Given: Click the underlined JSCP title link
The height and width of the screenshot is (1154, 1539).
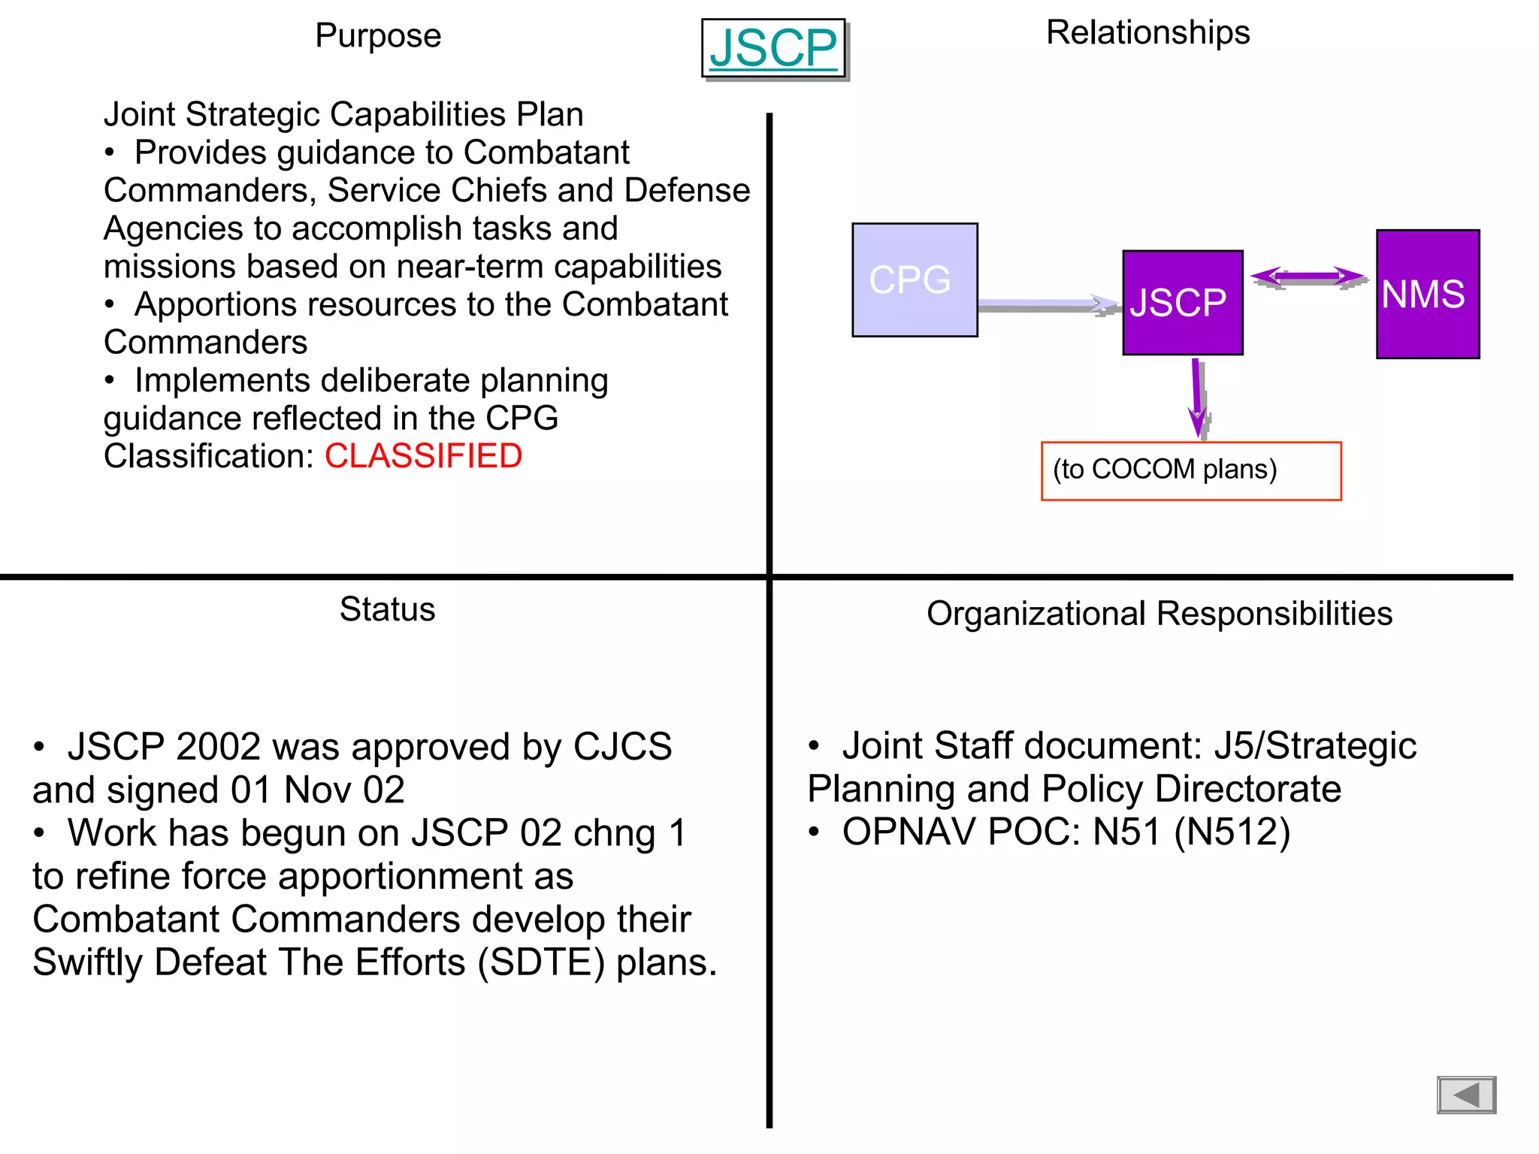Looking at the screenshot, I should pos(773,49).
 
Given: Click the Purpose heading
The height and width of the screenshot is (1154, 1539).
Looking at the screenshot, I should pos(378,36).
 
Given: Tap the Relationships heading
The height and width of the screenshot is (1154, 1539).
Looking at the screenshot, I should pos(1147,33).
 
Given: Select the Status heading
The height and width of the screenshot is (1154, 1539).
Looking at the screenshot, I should pos(387,609).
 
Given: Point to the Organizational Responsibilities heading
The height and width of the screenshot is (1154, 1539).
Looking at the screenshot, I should pos(1159,614).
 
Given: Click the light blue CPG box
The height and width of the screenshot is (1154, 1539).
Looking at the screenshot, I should pos(915,279).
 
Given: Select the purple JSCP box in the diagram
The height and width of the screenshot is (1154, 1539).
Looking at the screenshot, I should pos(1182,302).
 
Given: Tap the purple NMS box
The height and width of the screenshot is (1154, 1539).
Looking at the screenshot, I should pos(1427,294).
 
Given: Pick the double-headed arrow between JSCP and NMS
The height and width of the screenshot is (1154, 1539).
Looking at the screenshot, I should pos(1308,277).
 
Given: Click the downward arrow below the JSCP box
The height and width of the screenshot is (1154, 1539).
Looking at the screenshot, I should pos(1197,397).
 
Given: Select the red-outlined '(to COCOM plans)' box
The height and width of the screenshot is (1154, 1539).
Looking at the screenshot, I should pos(1190,471).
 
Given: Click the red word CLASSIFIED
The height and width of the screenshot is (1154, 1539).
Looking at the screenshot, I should pos(423,456).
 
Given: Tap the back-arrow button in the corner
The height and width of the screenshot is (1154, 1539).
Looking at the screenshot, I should pos(1465,1095).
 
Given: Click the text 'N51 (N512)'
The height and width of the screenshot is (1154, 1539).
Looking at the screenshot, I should pos(1191,832).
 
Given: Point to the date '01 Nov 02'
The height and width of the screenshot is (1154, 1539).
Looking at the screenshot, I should pos(317,790).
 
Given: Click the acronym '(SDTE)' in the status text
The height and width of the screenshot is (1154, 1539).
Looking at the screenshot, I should pos(541,962).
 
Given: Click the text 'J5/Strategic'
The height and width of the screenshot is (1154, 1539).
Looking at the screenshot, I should pos(1315,746).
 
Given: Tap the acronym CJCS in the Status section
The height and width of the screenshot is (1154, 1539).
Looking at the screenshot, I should pos(622,747).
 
